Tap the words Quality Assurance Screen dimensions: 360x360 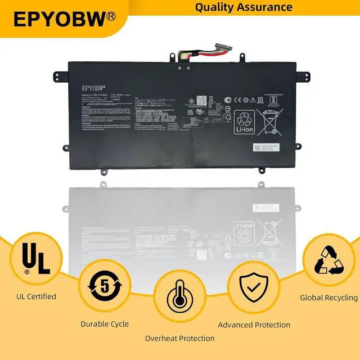click(244, 7)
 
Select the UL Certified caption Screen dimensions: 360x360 click(35, 296)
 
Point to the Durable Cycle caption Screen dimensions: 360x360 click(105, 324)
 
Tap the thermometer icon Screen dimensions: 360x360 click(179, 304)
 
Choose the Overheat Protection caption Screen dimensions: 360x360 click(179, 338)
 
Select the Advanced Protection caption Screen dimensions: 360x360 click(254, 325)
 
